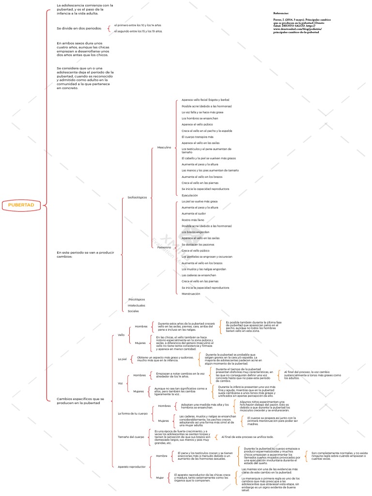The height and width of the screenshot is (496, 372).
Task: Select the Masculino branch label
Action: (164, 147)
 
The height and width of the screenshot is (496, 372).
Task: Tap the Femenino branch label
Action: (164, 247)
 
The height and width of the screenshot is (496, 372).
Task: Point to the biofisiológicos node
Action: (137, 197)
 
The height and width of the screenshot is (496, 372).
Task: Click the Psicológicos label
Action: (136, 299)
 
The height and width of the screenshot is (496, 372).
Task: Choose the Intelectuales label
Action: (136, 305)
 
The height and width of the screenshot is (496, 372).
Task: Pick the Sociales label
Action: (133, 311)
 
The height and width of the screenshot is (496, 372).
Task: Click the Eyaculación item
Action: (189, 195)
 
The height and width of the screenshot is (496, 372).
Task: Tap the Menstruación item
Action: (191, 294)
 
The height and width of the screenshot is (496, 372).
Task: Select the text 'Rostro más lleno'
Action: (193, 220)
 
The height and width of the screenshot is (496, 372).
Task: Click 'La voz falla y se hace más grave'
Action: (202, 112)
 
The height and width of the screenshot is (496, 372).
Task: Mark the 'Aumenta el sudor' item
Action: (193, 214)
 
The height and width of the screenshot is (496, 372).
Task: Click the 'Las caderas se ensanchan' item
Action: (199, 275)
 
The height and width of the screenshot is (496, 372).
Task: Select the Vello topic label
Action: (121, 335)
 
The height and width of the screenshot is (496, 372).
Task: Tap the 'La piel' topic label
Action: (122, 359)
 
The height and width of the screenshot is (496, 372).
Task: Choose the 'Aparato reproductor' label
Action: (132, 466)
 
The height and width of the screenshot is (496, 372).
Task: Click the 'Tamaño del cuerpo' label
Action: (131, 437)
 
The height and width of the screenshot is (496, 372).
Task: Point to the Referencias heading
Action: (281, 13)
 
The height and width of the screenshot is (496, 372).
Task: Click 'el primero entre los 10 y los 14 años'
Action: (138, 25)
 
